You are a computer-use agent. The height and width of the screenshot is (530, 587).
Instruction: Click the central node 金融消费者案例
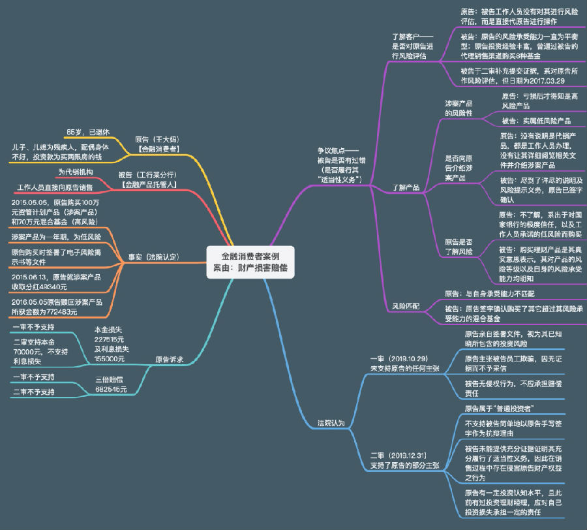[x=250, y=262]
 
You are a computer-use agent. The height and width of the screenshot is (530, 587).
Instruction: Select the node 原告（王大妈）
[x=157, y=144]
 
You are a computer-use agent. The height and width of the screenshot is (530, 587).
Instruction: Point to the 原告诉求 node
[x=169, y=359]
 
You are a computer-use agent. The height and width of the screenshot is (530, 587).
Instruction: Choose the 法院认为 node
[x=331, y=423]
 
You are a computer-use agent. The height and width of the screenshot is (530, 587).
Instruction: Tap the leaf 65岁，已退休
[x=89, y=132]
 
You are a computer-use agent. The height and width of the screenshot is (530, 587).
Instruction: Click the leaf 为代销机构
[x=76, y=172]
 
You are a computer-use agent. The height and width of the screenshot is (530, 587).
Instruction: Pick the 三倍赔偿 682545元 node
[x=111, y=384]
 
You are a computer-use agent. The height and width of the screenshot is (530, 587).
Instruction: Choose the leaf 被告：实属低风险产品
[x=535, y=121]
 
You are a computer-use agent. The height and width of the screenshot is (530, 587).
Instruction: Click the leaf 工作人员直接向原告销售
[x=55, y=187]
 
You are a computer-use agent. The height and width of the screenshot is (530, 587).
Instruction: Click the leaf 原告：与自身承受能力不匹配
[x=498, y=294]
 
